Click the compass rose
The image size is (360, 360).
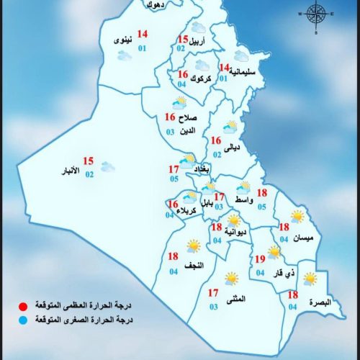(315, 14)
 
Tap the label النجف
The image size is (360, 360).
(194, 266)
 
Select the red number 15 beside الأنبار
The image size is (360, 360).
(89, 161)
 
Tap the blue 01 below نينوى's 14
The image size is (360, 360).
(143, 48)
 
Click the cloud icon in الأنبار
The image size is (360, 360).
(109, 167)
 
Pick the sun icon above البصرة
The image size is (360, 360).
(309, 278)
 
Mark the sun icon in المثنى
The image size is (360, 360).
(231, 277)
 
